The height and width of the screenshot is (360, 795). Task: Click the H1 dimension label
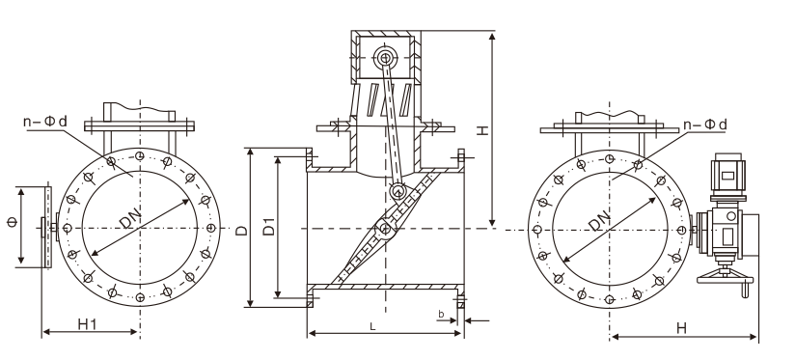point(87,324)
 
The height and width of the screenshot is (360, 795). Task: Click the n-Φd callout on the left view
point(45,122)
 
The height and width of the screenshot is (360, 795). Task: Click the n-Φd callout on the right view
point(705,125)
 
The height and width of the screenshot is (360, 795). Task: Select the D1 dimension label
point(269,226)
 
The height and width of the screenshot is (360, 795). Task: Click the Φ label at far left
point(13,222)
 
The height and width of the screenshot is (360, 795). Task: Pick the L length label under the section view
point(372,327)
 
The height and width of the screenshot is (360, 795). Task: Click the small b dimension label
point(441,315)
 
